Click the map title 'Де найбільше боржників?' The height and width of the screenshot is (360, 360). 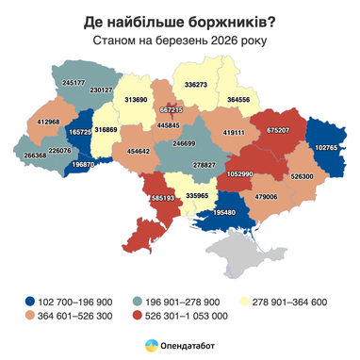179,20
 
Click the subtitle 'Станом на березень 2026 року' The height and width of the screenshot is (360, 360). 179,41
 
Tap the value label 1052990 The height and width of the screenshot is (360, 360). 240,174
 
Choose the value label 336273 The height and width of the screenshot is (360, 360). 196,85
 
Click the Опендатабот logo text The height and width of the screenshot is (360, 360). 188,347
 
